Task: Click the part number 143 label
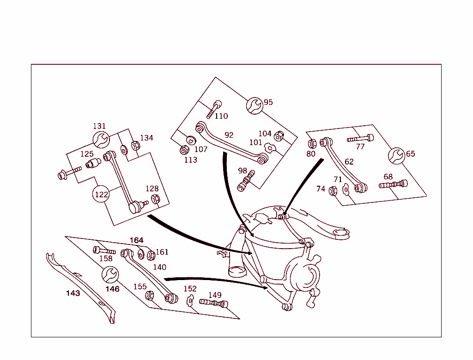click(73, 293)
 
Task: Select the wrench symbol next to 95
click(254, 106)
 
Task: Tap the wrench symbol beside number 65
click(396, 156)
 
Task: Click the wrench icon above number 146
click(110, 275)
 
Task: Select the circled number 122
click(102, 195)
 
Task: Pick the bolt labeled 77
click(360, 138)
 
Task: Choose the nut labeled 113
click(184, 150)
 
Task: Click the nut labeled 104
click(279, 136)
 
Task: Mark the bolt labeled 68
click(393, 184)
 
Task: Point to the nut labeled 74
click(333, 190)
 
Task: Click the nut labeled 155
click(149, 295)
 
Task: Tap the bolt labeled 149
click(213, 303)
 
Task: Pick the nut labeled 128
click(156, 199)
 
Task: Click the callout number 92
click(229, 135)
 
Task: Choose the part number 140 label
click(160, 267)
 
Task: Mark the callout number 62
click(349, 162)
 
